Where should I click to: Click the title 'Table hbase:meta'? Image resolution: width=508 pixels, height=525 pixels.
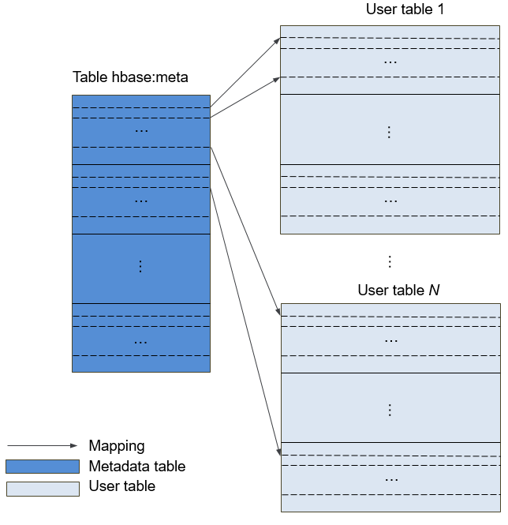[130, 77]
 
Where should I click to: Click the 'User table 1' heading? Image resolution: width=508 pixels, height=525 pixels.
[405, 9]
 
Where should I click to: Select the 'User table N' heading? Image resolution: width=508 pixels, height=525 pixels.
[398, 290]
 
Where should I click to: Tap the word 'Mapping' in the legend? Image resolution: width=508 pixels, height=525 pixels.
[117, 446]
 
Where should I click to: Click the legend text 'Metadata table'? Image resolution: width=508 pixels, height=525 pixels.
[137, 466]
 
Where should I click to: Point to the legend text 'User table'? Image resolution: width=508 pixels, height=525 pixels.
[122, 486]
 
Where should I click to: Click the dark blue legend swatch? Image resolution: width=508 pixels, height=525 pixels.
[43, 467]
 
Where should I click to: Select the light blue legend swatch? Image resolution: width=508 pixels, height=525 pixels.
[43, 489]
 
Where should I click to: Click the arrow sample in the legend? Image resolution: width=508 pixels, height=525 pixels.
[42, 445]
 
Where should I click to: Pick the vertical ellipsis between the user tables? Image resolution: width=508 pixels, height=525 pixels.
[390, 261]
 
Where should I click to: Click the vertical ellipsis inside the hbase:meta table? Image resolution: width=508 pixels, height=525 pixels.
[140, 267]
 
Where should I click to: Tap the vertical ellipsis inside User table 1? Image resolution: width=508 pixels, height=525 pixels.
[389, 133]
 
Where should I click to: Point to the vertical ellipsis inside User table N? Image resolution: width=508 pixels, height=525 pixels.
[390, 411]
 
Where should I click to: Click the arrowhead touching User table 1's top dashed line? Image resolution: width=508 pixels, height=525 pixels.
[277, 41]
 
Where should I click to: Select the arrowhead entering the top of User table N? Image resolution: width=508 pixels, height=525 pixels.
[278, 312]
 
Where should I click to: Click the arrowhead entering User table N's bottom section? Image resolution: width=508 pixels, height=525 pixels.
[278, 452]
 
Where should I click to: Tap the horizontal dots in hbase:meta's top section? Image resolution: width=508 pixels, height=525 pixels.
[141, 130]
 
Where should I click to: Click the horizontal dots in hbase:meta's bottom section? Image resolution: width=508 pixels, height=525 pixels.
[140, 343]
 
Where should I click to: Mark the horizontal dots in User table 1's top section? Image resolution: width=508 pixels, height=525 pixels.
[390, 62]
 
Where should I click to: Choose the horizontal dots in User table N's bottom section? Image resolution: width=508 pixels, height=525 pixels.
[391, 480]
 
